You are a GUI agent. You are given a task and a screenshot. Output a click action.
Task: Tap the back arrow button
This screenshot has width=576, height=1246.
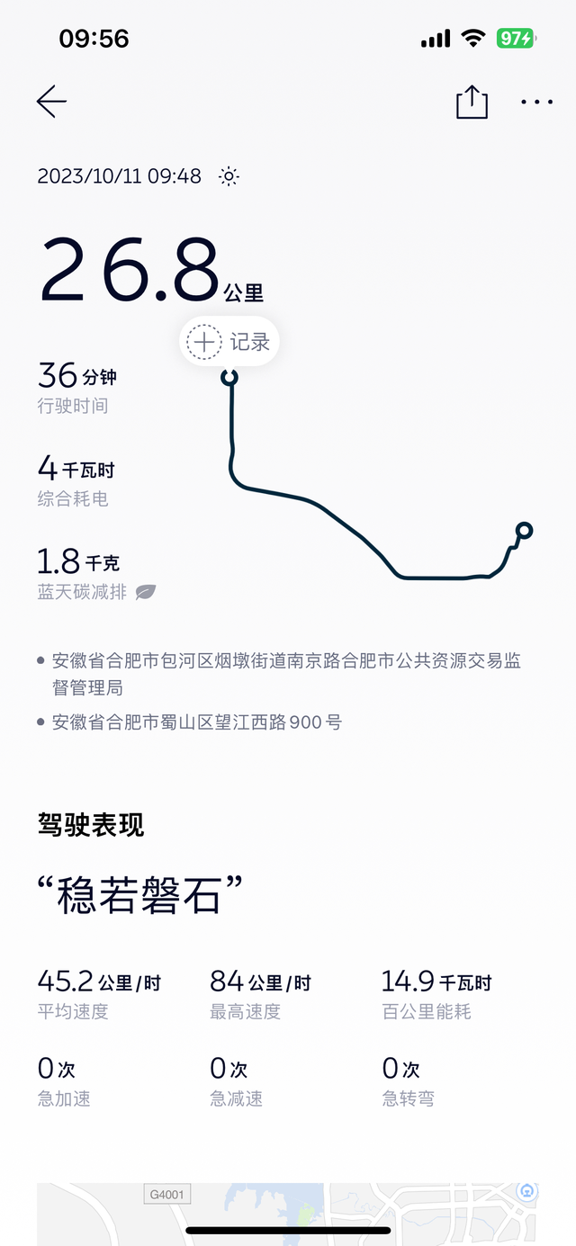[51, 102]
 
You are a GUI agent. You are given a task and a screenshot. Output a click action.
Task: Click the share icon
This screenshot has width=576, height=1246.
[472, 102]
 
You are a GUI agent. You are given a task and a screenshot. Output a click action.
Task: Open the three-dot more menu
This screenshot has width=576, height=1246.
[537, 102]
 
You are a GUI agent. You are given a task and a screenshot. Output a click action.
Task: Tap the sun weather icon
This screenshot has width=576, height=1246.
[229, 176]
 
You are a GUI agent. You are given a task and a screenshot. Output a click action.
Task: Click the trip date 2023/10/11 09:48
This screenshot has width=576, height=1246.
[119, 176]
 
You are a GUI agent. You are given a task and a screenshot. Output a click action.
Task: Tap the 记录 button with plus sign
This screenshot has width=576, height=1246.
[229, 342]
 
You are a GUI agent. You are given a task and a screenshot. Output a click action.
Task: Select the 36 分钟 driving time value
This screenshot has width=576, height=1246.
[77, 375]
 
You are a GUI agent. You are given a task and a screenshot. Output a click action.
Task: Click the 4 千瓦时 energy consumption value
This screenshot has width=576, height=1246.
[76, 469]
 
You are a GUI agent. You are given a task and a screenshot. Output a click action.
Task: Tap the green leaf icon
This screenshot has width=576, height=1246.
[145, 592]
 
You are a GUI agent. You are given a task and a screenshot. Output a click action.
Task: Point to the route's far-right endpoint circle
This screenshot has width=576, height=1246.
[524, 530]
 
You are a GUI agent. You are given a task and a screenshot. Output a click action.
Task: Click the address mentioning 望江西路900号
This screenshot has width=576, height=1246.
[196, 722]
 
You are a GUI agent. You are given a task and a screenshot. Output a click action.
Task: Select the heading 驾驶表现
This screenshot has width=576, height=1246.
[91, 824]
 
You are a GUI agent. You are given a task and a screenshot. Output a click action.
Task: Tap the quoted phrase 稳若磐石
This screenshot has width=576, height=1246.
[140, 895]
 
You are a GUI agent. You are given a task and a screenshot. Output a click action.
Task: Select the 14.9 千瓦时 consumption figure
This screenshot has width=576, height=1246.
[436, 981]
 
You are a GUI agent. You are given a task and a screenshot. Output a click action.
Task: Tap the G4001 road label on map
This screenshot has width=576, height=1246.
[167, 1195]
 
